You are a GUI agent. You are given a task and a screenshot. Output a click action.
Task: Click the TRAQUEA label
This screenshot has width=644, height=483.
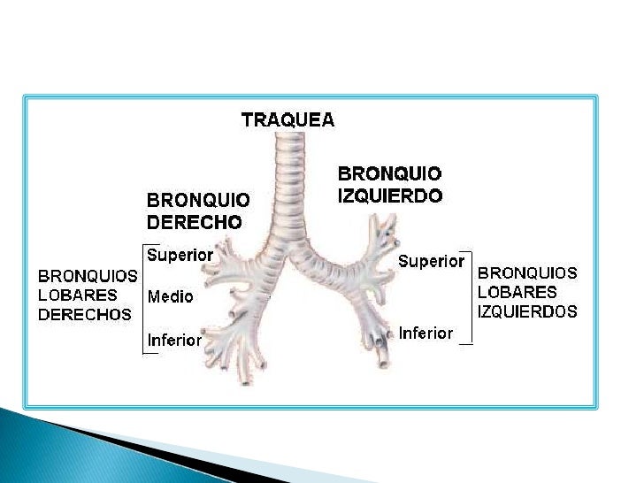click(x=287, y=119)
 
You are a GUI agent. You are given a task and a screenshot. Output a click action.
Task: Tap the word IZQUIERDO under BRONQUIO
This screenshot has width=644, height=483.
click(x=390, y=195)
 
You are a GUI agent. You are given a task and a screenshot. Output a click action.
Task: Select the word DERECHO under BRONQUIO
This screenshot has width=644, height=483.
click(x=194, y=222)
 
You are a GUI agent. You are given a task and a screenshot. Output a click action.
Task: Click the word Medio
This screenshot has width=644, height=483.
click(x=170, y=296)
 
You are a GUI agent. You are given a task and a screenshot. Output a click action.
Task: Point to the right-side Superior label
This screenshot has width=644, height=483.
click(x=431, y=261)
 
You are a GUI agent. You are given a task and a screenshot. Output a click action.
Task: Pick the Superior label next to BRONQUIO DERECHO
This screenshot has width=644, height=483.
click(x=180, y=256)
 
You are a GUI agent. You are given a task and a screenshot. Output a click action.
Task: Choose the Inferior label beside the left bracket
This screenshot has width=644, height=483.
click(x=174, y=340)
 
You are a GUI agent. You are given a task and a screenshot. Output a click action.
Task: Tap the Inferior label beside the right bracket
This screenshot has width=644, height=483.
click(x=425, y=333)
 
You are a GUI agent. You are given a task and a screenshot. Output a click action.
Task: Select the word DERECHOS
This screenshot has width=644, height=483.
click(x=84, y=314)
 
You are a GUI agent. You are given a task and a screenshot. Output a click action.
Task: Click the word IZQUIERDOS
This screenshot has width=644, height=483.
click(x=527, y=311)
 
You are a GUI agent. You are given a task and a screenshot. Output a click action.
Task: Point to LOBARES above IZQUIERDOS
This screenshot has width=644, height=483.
click(x=517, y=292)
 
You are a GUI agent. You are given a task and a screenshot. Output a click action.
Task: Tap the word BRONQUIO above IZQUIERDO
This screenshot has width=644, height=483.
click(x=390, y=174)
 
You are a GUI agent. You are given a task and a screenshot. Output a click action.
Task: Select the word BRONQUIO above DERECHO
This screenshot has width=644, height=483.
click(x=198, y=201)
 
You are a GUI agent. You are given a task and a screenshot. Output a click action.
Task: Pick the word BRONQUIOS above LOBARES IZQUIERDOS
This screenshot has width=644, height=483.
click(x=527, y=272)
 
